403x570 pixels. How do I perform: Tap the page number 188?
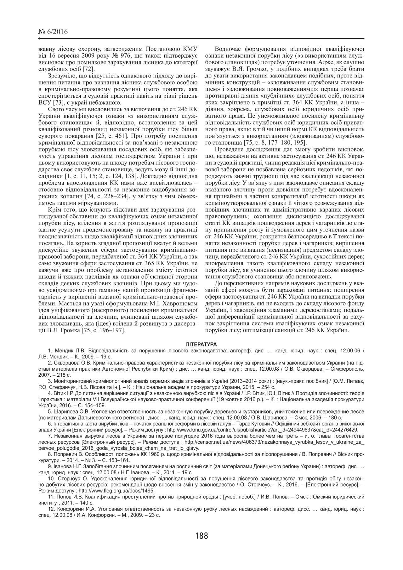(201, 535)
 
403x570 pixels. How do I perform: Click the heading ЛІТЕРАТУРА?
(201, 344)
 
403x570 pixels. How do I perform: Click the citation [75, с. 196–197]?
(103, 330)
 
